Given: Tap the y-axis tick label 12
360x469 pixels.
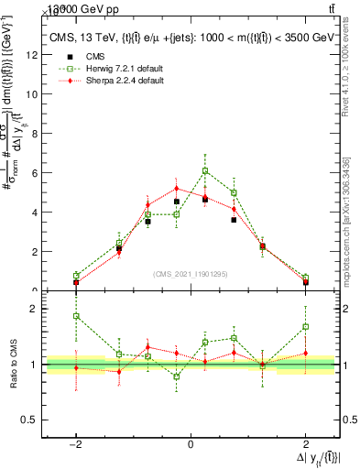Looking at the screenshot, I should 33,54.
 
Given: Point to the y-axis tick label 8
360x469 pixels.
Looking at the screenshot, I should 35,133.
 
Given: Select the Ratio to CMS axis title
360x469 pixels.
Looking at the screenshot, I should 13,365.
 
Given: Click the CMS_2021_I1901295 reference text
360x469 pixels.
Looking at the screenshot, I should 190,274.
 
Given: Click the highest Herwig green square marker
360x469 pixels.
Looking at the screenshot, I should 205,170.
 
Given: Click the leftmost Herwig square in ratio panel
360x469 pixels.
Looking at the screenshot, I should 76,316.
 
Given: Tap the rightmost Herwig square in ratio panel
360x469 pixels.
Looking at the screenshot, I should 305,326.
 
